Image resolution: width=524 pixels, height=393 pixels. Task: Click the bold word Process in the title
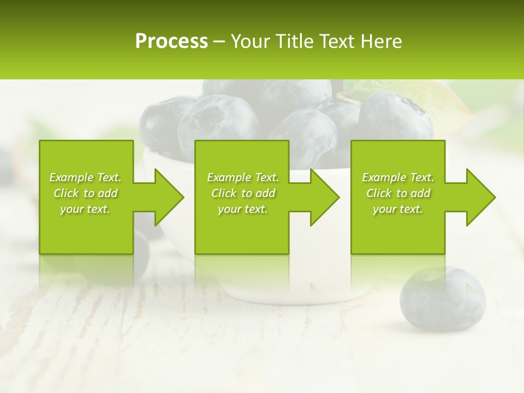pos(171,41)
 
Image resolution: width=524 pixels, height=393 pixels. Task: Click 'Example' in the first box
pos(72,177)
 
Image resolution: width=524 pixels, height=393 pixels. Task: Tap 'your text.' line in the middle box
pos(243,209)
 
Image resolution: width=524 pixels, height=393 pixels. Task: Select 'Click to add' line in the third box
pos(398,193)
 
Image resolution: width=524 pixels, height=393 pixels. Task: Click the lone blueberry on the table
pos(442,299)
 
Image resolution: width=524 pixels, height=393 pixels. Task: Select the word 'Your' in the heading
pos(248,41)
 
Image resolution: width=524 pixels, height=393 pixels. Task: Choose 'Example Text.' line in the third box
pos(398,177)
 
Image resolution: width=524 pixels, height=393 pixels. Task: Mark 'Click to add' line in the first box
pos(86,193)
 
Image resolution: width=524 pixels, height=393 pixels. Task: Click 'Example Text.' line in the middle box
pos(243,177)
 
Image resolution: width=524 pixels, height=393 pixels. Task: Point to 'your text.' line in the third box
pos(398,209)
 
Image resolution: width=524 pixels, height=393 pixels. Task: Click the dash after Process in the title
pos(219,41)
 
